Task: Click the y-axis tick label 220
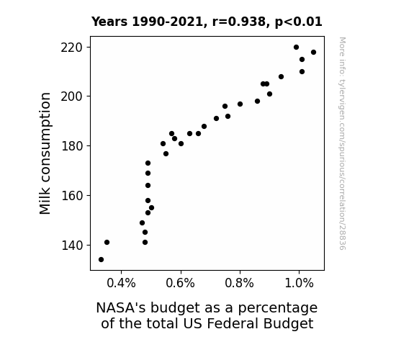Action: tap(71, 48)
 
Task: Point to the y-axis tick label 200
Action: tap(71, 96)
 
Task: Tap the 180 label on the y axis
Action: tap(71, 146)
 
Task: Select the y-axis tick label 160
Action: tap(71, 196)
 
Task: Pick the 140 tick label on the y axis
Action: tap(71, 246)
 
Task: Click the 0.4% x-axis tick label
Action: tap(121, 284)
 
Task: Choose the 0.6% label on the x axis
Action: tap(180, 284)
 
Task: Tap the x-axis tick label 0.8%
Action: tap(240, 284)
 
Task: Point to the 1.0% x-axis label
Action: tap(299, 284)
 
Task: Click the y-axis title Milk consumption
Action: tap(45, 153)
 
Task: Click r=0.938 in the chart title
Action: tap(239, 22)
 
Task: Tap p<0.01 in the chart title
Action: tap(299, 22)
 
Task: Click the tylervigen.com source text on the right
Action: tap(342, 143)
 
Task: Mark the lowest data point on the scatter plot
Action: tap(101, 260)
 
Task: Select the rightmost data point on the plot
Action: tap(313, 53)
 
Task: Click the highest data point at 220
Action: tap(296, 48)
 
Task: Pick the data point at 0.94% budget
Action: tap(282, 77)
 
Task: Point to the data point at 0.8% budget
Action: tap(240, 104)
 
